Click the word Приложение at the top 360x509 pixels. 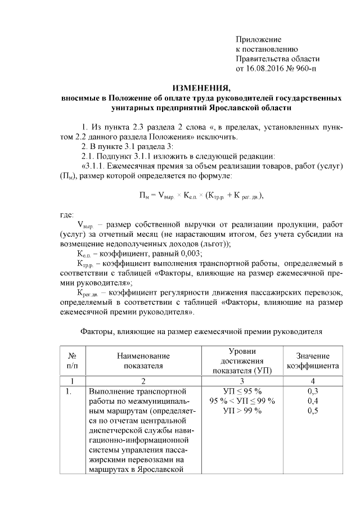tap(258, 39)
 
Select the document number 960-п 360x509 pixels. tap(305, 70)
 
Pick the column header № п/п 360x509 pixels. tap(72, 361)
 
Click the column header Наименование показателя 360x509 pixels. tap(143, 361)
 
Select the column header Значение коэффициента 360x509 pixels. tap(312, 361)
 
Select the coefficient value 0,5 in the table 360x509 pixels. tap(313, 411)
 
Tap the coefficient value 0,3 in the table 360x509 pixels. tap(313, 391)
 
